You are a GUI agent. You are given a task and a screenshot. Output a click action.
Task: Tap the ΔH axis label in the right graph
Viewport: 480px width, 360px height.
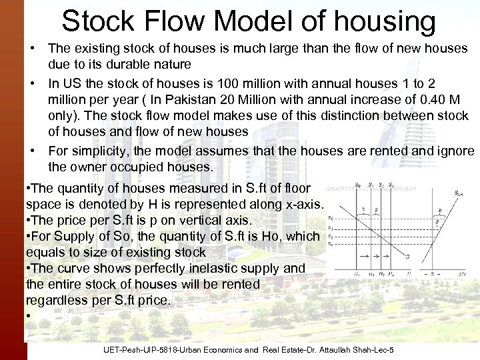(x=464, y=275)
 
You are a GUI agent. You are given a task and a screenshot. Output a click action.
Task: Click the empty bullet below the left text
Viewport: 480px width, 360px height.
(x=29, y=316)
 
